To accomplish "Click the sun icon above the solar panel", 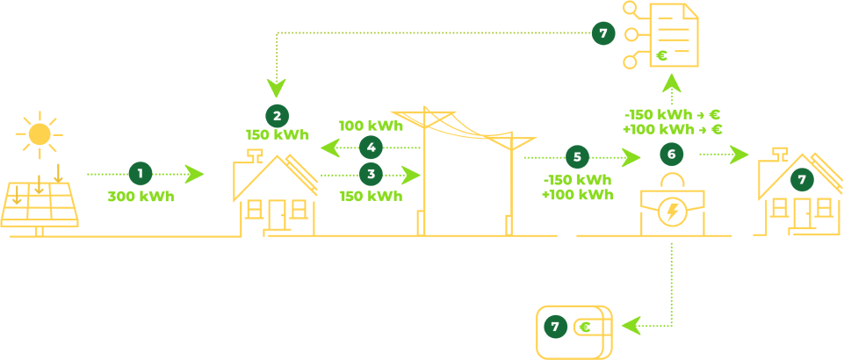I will click(x=40, y=133).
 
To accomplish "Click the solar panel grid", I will click(x=39, y=204).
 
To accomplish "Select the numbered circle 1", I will click(x=141, y=173).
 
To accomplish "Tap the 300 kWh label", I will click(x=141, y=196).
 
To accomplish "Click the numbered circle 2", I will click(x=277, y=115).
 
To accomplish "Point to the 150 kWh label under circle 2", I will click(x=277, y=135).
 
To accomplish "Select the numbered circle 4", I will click(x=371, y=147).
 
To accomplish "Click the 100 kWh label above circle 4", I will click(x=371, y=126).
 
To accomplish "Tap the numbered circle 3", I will click(x=371, y=173).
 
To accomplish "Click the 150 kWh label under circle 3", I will click(x=371, y=195).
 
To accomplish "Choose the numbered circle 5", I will click(x=577, y=157).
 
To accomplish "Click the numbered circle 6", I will click(x=672, y=155).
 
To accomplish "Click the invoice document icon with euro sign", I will click(x=673, y=35).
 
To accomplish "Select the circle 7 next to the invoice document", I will click(x=602, y=33).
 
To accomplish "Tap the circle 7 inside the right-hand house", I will click(x=801, y=179).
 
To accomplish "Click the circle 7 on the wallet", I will click(x=555, y=328).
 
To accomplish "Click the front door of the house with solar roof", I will click(x=278, y=215).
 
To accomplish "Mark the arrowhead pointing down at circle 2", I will click(x=277, y=89).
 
